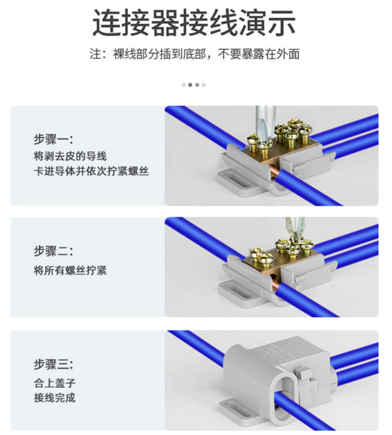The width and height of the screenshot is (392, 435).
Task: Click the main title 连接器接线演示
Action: pyautogui.click(x=194, y=23)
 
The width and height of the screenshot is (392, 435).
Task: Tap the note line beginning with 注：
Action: pyautogui.click(x=195, y=54)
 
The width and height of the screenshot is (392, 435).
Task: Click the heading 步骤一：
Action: pyautogui.click(x=53, y=139)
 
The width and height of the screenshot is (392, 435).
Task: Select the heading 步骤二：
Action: pyautogui.click(x=53, y=251)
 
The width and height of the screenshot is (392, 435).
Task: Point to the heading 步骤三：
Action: pyautogui.click(x=53, y=364)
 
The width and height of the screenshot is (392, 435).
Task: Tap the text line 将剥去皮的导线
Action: pyautogui.click(x=70, y=156)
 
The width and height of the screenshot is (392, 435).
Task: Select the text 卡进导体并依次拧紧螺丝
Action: pyautogui.click(x=91, y=171)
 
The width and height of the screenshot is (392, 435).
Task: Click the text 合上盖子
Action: pyautogui.click(x=55, y=383)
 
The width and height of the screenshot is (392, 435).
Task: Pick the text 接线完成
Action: pyautogui.click(x=55, y=398)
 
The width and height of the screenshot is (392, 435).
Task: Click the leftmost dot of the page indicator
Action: pyautogui.click(x=183, y=85)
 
